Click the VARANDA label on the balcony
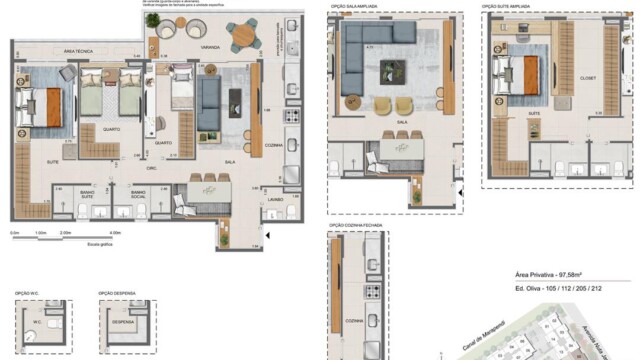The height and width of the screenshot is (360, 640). (211, 45)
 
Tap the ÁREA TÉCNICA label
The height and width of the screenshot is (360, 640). (77, 49)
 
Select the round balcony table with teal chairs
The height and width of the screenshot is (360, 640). (243, 36)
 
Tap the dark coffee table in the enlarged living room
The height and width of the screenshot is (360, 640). (392, 72)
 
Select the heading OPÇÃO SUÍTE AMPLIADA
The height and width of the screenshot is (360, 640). (506, 6)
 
